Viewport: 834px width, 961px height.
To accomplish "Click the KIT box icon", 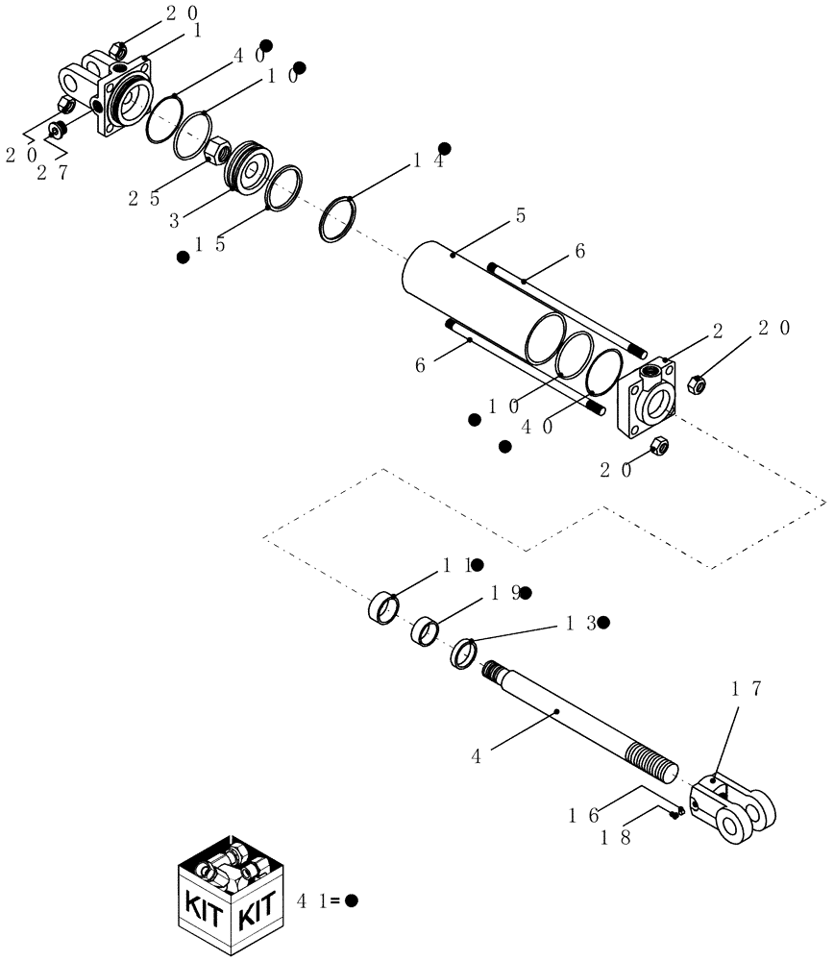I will [x=232, y=895].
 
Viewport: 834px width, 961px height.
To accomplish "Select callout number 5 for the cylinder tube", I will [x=520, y=216].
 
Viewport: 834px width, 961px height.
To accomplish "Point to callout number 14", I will [x=428, y=162].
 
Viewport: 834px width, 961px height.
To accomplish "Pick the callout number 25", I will [x=140, y=198].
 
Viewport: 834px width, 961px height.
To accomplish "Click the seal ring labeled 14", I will [x=338, y=220].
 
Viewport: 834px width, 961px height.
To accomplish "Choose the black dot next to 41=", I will [x=352, y=900].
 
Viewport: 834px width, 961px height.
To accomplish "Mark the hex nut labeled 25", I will [x=218, y=150].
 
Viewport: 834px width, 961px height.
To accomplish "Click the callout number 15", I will [x=208, y=245].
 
